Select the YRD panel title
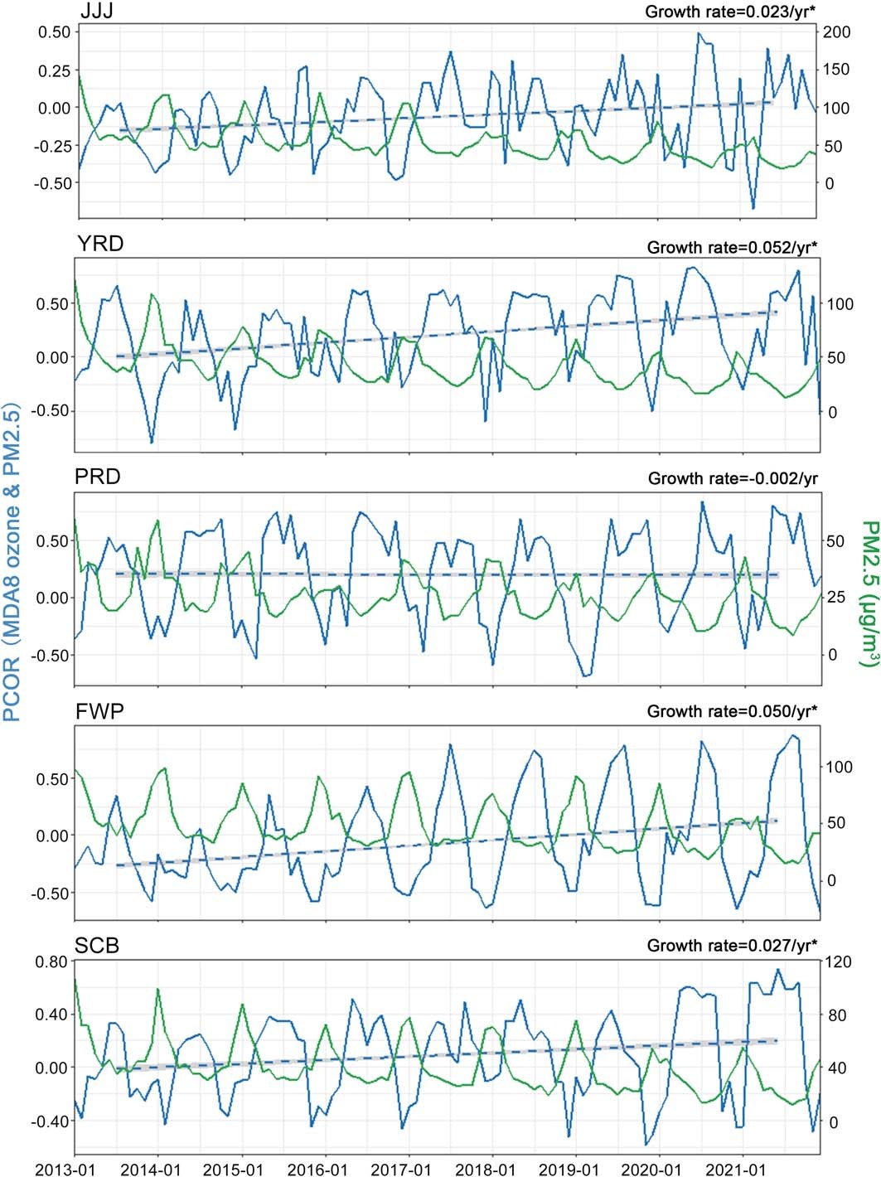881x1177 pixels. (x=100, y=244)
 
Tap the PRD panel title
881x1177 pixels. (x=98, y=477)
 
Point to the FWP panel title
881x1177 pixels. (x=99, y=711)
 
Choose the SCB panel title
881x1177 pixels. (x=97, y=945)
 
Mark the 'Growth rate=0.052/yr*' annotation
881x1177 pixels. (x=732, y=247)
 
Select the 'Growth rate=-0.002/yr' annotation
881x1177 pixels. (x=733, y=478)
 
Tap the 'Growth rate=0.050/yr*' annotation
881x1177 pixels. (x=732, y=711)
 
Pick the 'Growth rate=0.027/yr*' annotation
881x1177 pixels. (x=732, y=945)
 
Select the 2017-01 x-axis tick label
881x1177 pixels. (x=401, y=1170)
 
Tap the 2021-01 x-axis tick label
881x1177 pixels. (x=735, y=1170)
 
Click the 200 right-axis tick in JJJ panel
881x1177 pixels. (x=836, y=31)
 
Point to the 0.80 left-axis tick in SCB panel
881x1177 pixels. (x=51, y=961)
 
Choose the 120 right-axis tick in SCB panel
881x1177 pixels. (x=837, y=961)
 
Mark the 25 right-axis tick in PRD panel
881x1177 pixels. (x=835, y=597)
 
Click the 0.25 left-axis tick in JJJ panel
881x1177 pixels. (x=54, y=70)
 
